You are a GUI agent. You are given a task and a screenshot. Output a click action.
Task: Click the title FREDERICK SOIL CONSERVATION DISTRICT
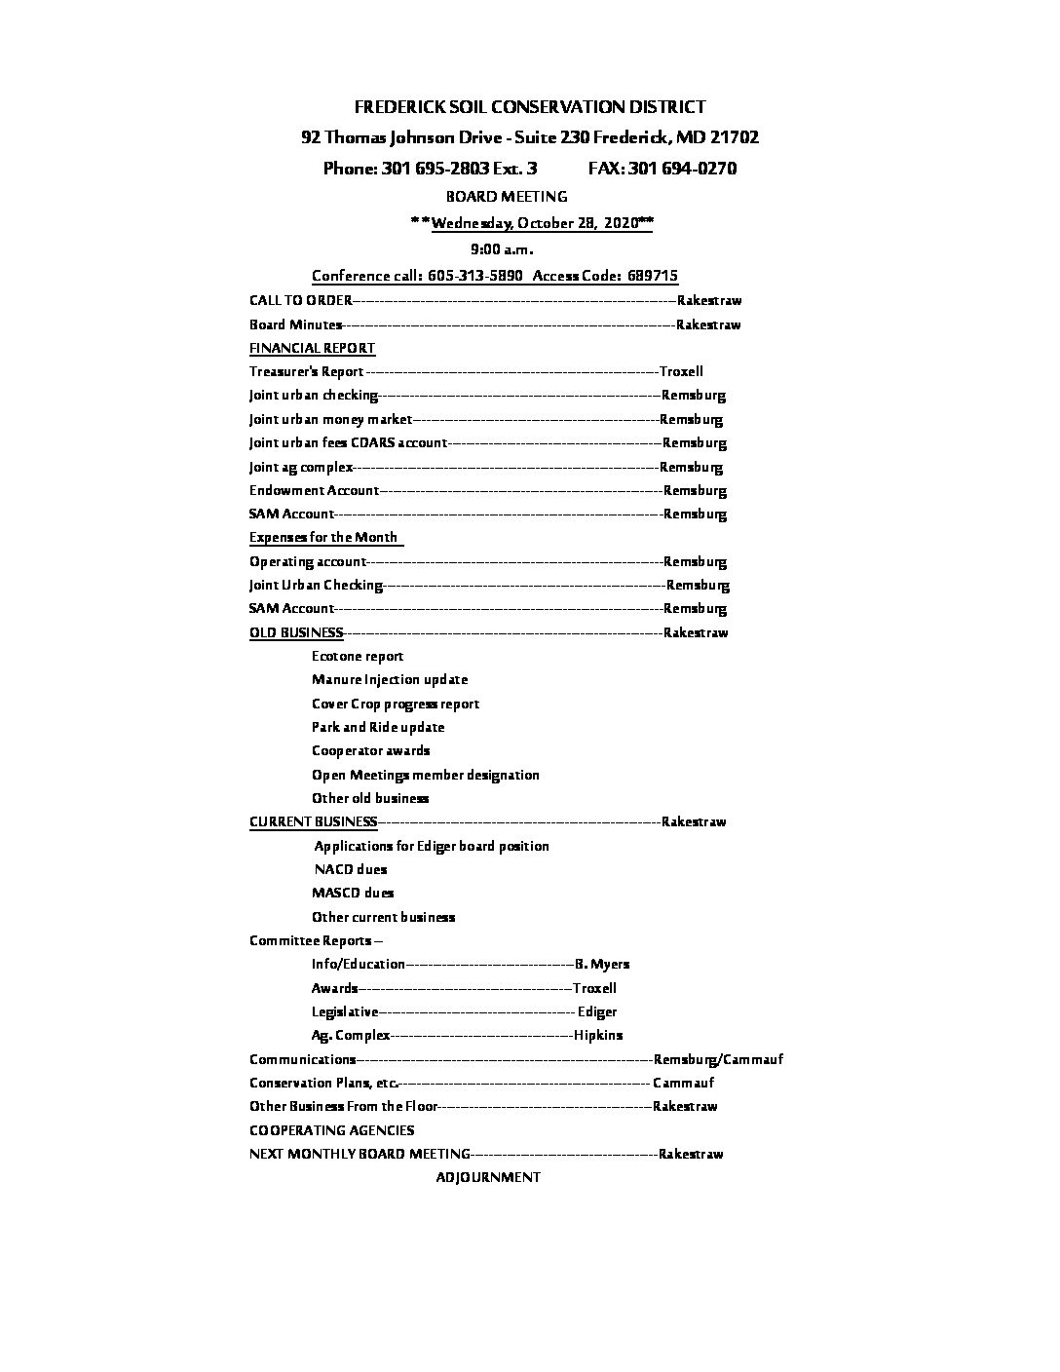(x=530, y=107)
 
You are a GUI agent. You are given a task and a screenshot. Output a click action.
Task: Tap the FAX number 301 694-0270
(x=662, y=169)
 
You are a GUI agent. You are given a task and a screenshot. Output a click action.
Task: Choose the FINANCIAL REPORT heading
(x=312, y=348)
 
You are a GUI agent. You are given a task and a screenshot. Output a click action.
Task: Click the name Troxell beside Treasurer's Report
(x=681, y=371)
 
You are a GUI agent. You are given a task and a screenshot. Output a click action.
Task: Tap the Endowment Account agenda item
(x=314, y=490)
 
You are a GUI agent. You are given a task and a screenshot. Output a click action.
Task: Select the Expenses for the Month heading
(x=323, y=537)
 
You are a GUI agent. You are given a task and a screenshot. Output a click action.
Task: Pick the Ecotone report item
(x=358, y=656)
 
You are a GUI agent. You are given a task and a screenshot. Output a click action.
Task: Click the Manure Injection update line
(x=390, y=679)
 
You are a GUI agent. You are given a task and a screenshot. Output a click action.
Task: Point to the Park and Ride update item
(x=378, y=727)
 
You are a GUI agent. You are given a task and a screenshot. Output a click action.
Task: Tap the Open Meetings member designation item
(x=426, y=775)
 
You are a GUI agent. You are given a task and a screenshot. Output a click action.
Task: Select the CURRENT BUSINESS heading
(x=313, y=821)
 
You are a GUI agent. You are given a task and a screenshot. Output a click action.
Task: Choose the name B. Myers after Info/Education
(x=602, y=964)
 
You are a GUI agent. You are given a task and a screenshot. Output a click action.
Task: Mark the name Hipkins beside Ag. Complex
(x=598, y=1035)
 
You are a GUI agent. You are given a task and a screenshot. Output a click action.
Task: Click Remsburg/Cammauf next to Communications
(x=718, y=1059)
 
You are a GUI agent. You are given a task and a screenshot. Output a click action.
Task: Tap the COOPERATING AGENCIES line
(x=331, y=1130)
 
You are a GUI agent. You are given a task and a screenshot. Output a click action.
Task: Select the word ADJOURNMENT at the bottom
(x=488, y=1177)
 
